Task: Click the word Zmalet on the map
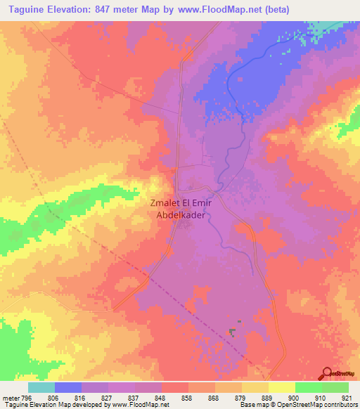pyautogui.click(x=166, y=204)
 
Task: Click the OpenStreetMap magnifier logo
pyautogui.click(x=328, y=373)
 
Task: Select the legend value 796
pyautogui.click(x=27, y=397)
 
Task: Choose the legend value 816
pyautogui.click(x=81, y=397)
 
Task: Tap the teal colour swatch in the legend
pyautogui.click(x=41, y=387)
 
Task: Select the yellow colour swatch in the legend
pyautogui.click(x=282, y=387)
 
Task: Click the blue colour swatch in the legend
pyautogui.click(x=68, y=387)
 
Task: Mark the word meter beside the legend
pyautogui.click(x=10, y=397)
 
